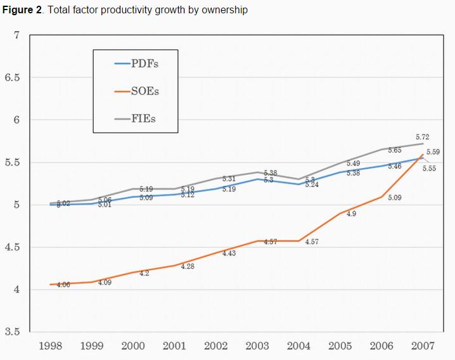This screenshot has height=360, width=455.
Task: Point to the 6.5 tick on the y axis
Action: coord(13,77)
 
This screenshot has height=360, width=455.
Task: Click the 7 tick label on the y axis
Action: coord(17,35)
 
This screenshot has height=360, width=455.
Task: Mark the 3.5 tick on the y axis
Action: coord(13,331)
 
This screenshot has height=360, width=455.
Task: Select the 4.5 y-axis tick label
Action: coord(13,247)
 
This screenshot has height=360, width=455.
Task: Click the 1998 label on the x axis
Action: coord(51,346)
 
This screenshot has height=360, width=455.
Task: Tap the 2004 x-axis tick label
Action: coord(299,346)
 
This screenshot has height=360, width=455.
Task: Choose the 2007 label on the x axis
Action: coord(423,346)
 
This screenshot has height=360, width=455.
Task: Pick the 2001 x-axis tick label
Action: coord(175,346)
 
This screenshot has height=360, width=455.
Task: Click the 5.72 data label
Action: coord(423,136)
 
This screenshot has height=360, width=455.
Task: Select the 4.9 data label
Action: coord(351,214)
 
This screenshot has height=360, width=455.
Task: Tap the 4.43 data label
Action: coord(229,254)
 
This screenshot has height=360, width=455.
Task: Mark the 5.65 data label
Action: coord(395,150)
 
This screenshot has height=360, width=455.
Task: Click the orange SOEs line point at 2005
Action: coord(340,214)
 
